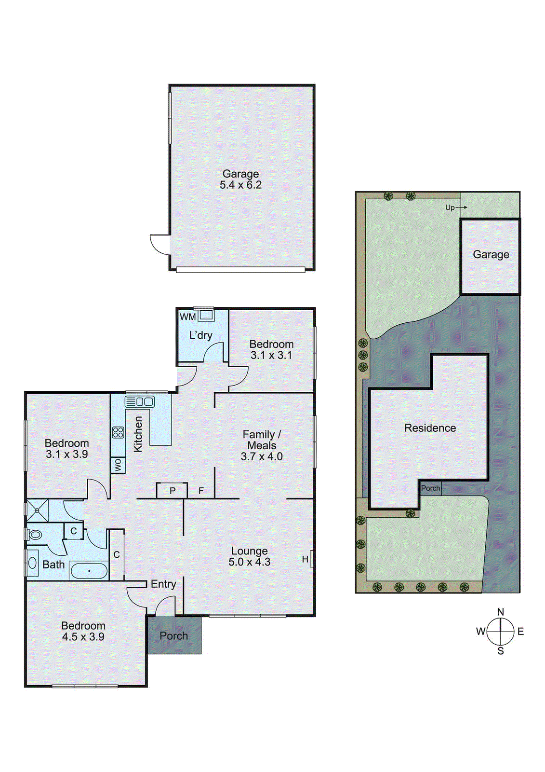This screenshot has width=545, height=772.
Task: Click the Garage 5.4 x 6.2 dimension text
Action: tap(240, 185)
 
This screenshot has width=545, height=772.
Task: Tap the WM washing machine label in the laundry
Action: tap(187, 317)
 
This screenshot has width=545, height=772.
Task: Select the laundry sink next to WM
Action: tap(207, 316)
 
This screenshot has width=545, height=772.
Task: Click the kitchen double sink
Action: tap(140, 401)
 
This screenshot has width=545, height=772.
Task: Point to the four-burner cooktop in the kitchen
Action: tap(118, 432)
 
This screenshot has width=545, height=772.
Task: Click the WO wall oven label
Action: tap(118, 465)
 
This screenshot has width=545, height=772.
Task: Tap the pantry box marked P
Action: tap(172, 491)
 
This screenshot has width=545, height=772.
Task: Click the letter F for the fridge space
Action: tap(201, 491)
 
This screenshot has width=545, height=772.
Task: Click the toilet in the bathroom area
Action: tap(34, 535)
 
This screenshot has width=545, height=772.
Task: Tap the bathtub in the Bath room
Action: tap(89, 571)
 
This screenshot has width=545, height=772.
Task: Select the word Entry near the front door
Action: tap(163, 584)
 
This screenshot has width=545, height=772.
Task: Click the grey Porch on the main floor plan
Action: tap(174, 636)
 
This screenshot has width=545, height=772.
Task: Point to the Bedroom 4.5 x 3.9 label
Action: tap(83, 631)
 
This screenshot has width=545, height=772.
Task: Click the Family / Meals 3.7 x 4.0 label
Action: tap(262, 445)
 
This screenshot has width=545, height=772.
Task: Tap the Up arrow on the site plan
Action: tap(456, 207)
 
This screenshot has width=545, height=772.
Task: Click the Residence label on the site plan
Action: tap(430, 428)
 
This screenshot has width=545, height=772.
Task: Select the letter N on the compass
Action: tap(501, 612)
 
